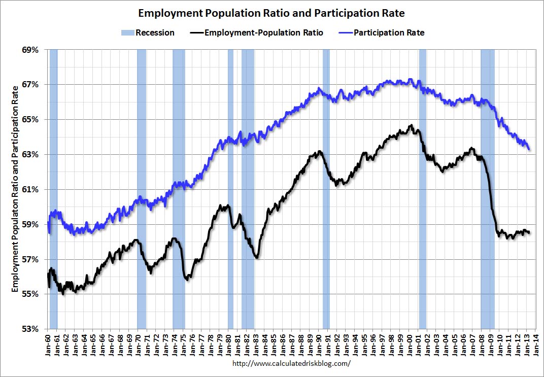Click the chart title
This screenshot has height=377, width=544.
click(x=271, y=13)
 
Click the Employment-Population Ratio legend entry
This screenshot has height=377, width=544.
click(x=256, y=33)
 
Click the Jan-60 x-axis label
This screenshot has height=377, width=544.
click(x=48, y=345)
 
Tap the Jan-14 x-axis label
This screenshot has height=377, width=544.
click(x=535, y=345)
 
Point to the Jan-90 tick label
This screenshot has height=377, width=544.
click(x=319, y=345)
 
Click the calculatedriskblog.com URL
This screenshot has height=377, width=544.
click(x=291, y=364)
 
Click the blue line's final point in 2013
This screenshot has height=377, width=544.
click(x=529, y=149)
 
